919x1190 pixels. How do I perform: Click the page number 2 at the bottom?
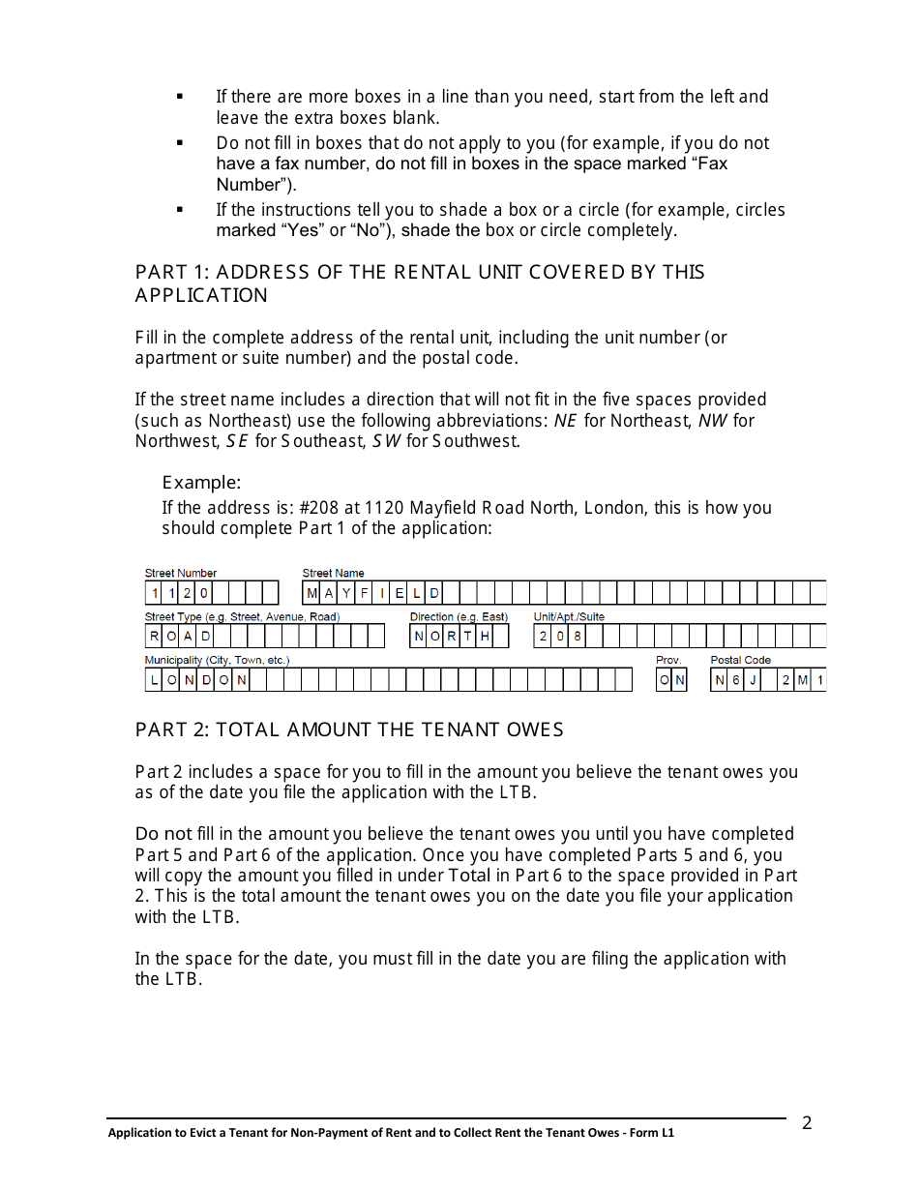pyautogui.click(x=807, y=1123)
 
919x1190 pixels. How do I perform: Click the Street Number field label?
pyautogui.click(x=181, y=574)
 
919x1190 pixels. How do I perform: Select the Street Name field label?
pyautogui.click(x=333, y=574)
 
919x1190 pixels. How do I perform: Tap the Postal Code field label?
pyautogui.click(x=740, y=660)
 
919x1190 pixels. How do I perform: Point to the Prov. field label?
pyautogui.click(x=668, y=660)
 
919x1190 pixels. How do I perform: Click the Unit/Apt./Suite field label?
pyautogui.click(x=569, y=617)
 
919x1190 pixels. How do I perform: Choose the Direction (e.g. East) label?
pyautogui.click(x=459, y=617)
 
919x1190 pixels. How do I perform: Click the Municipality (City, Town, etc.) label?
pyautogui.click(x=217, y=660)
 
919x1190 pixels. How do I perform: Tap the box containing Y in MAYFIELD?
pyautogui.click(x=347, y=593)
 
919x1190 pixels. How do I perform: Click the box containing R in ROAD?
pyautogui.click(x=154, y=637)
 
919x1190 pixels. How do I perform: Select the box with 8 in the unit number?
pyautogui.click(x=578, y=637)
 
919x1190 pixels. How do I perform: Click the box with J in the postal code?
pyautogui.click(x=753, y=680)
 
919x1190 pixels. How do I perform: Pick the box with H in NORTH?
pyautogui.click(x=485, y=637)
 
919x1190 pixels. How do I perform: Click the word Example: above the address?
pyautogui.click(x=201, y=482)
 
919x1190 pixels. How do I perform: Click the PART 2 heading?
pyautogui.click(x=349, y=729)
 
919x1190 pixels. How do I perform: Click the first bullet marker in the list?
pyautogui.click(x=180, y=97)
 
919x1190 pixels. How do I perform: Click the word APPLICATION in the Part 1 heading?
pyautogui.click(x=201, y=295)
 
